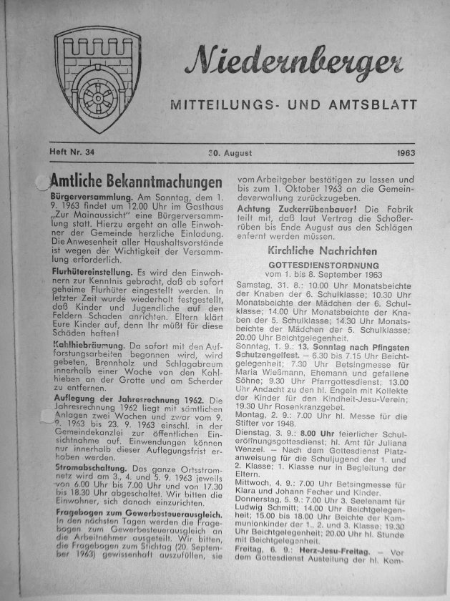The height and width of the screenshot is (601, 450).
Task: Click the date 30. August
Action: (228, 152)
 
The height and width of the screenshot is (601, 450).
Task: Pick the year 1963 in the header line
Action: (405, 152)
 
